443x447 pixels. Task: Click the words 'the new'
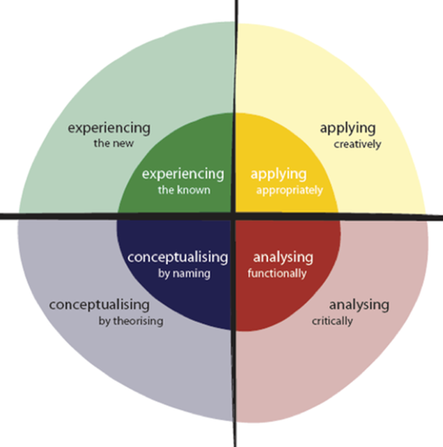[x=114, y=143]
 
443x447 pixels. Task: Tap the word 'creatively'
[x=358, y=145]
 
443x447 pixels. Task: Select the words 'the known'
[x=184, y=190]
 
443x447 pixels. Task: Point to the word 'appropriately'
[x=289, y=190]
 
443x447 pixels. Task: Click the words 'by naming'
[x=184, y=274]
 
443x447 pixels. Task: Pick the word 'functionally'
[x=277, y=273]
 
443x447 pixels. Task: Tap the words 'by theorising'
[x=131, y=322]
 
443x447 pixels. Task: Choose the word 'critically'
[x=333, y=322]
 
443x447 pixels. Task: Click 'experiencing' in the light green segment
[x=109, y=129]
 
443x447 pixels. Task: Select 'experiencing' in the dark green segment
[x=183, y=174]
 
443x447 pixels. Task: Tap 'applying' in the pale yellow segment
[x=348, y=129]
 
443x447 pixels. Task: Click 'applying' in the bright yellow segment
[x=278, y=175]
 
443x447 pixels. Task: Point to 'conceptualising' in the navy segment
[x=178, y=257]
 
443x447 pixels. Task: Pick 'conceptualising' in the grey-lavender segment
[x=99, y=305]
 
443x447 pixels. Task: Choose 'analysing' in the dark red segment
[x=283, y=257]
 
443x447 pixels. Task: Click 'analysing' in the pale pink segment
[x=359, y=305]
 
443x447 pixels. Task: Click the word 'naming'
[x=191, y=274]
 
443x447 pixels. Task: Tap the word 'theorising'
[x=139, y=322]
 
